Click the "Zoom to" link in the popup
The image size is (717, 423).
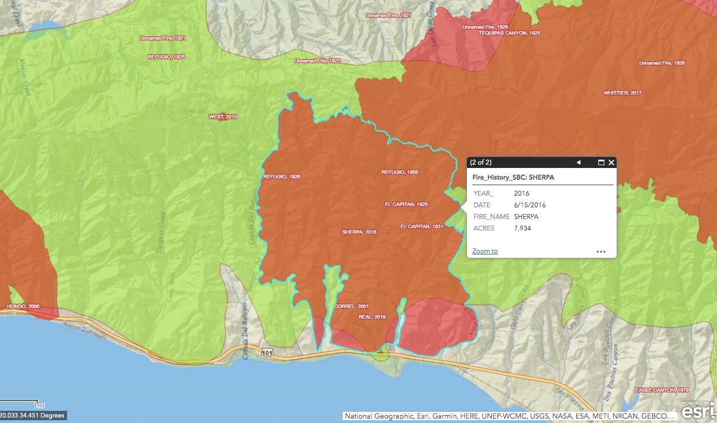coord(485,251)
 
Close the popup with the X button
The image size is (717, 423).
coord(611,162)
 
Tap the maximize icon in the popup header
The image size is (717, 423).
coord(601,162)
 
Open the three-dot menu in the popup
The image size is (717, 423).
coord(601,251)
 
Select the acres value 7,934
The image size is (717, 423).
coord(522,228)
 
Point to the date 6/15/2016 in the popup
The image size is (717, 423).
coord(530,205)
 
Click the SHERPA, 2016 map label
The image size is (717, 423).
coord(359,232)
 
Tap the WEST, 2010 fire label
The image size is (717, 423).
coord(222,117)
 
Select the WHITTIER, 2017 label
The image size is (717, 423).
coord(622,93)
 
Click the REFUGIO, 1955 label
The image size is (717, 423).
coord(399,172)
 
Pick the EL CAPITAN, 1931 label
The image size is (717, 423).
coord(421,227)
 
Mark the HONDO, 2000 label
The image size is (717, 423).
coord(24,307)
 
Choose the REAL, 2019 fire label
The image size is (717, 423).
coord(372,317)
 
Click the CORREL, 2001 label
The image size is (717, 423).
coord(352,307)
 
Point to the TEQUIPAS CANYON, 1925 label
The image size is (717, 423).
coord(509,33)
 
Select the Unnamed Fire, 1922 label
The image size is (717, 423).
coord(317,61)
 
